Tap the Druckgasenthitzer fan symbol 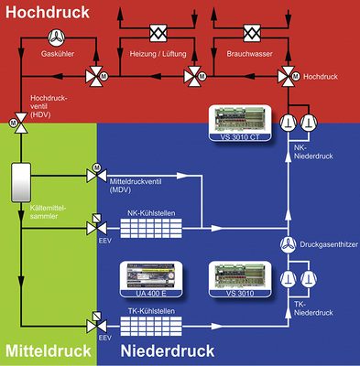tap(287, 244)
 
